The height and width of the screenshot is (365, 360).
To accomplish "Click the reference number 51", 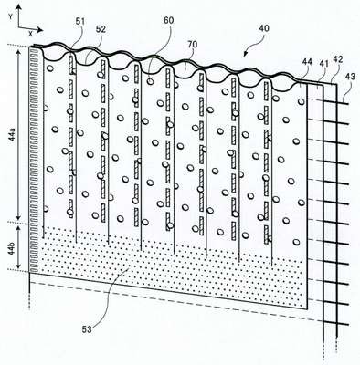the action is (81, 22).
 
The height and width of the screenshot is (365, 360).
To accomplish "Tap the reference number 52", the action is (101, 29).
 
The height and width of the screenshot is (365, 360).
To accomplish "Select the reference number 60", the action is (168, 21).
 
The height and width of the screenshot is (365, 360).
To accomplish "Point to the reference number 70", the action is (193, 45).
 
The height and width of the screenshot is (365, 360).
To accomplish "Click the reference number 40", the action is (264, 28).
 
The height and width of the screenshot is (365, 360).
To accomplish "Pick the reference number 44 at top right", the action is (307, 62).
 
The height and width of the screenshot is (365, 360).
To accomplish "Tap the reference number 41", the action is (323, 63).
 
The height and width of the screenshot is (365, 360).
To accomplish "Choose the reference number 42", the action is (338, 59).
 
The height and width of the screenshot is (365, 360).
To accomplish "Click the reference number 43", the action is (350, 77).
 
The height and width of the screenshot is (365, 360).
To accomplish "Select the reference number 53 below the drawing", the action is (87, 329).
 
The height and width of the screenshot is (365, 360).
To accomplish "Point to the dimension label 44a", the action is (12, 134).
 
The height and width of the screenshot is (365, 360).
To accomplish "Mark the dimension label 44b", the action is (12, 248).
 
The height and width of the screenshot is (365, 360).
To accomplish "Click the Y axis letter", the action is (10, 17).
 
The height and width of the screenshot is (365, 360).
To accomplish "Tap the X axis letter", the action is (30, 34).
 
